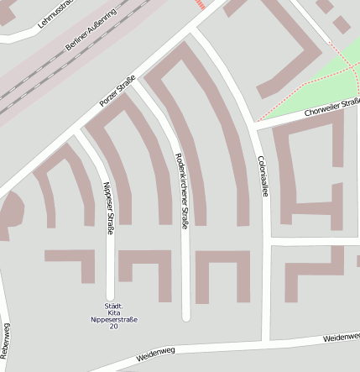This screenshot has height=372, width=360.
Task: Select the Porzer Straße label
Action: coord(117,91)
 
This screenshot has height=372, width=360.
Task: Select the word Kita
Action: coord(114,312)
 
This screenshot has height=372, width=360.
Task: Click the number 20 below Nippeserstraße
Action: coord(114,327)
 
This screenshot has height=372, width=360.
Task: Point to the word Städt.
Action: coord(114,305)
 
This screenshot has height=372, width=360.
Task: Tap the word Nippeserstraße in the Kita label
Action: coord(114,320)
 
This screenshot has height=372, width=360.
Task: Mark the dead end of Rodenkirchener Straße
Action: coord(186,316)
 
